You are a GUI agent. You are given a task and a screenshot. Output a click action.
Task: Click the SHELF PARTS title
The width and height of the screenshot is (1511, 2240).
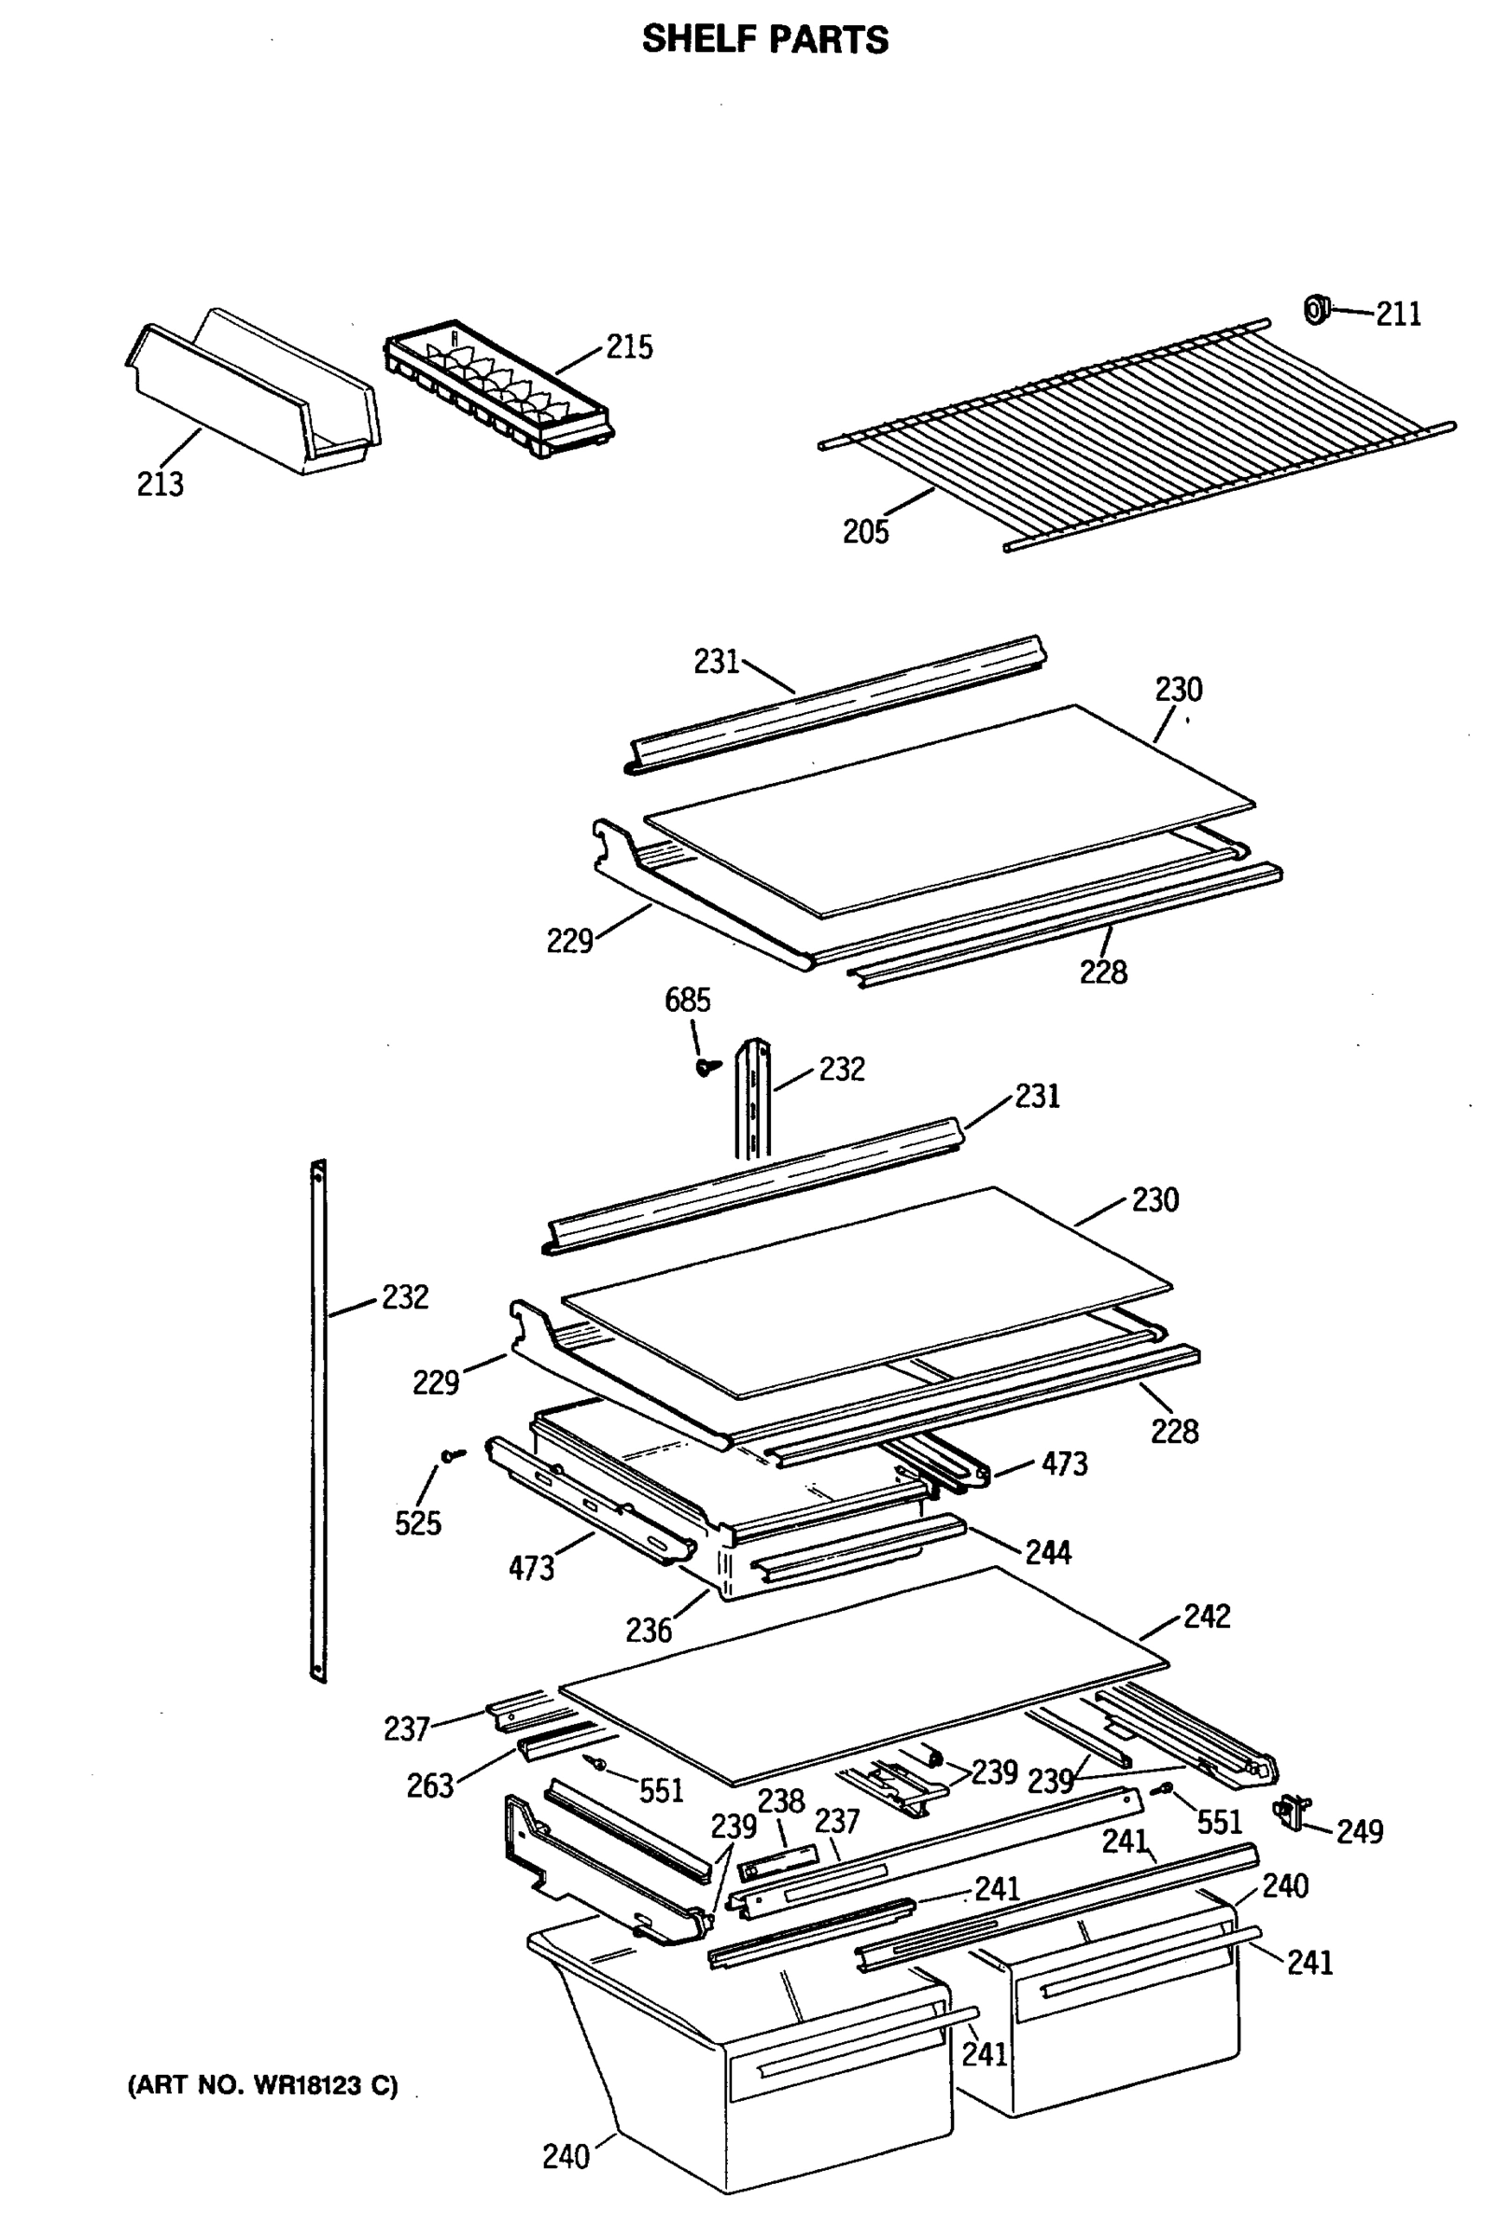coord(765,39)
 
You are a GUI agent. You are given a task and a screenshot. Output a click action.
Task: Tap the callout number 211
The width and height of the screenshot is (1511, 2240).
coord(1397,315)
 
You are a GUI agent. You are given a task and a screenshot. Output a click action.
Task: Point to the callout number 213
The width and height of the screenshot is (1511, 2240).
coord(160,483)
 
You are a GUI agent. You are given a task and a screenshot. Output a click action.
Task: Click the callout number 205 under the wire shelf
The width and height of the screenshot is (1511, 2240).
coord(865,532)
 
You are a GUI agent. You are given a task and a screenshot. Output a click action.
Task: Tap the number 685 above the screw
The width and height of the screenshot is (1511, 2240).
coord(687,1000)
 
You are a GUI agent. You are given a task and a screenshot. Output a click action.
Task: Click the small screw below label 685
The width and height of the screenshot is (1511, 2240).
coord(708,1066)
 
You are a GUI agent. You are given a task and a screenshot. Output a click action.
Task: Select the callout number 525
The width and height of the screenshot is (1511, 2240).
coord(417,1523)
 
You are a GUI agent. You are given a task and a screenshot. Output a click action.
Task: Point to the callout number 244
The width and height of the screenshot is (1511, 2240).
coord(1047,1552)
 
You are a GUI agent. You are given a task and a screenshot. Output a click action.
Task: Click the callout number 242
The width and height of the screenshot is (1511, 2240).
coord(1207,1616)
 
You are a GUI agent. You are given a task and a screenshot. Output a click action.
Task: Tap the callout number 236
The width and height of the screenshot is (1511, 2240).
coord(648,1631)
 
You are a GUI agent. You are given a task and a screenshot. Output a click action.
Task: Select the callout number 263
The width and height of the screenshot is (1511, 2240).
coord(430,1786)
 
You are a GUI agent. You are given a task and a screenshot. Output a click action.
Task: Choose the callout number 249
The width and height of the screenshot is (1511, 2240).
coord(1359,1830)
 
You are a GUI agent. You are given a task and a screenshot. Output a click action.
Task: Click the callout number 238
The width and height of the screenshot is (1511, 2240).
coord(779,1800)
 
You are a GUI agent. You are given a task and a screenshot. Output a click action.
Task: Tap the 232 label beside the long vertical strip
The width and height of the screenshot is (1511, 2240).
coord(405,1296)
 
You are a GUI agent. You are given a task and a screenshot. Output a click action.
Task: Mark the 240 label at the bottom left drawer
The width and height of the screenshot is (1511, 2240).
coord(566,2156)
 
